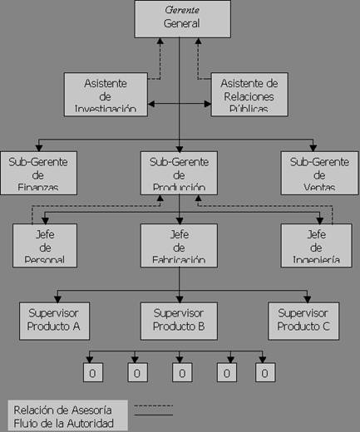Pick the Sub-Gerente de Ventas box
point(316,172)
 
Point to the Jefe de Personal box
point(45,245)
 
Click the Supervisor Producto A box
point(53,320)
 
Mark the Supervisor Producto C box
point(303,320)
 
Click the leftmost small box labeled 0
point(91,373)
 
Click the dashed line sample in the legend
point(153,406)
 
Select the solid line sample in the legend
point(153,414)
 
